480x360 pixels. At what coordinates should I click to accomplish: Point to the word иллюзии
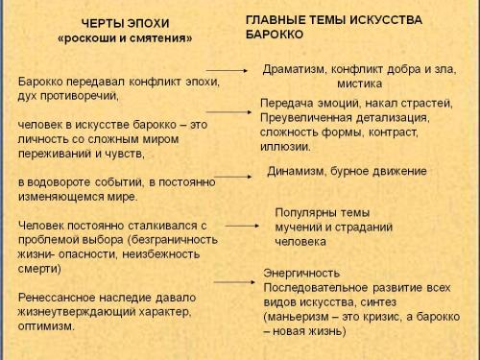point(283,146)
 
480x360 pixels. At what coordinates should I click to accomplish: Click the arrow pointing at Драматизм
point(229,71)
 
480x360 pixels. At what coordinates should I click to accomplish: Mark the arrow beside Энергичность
point(234,282)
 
